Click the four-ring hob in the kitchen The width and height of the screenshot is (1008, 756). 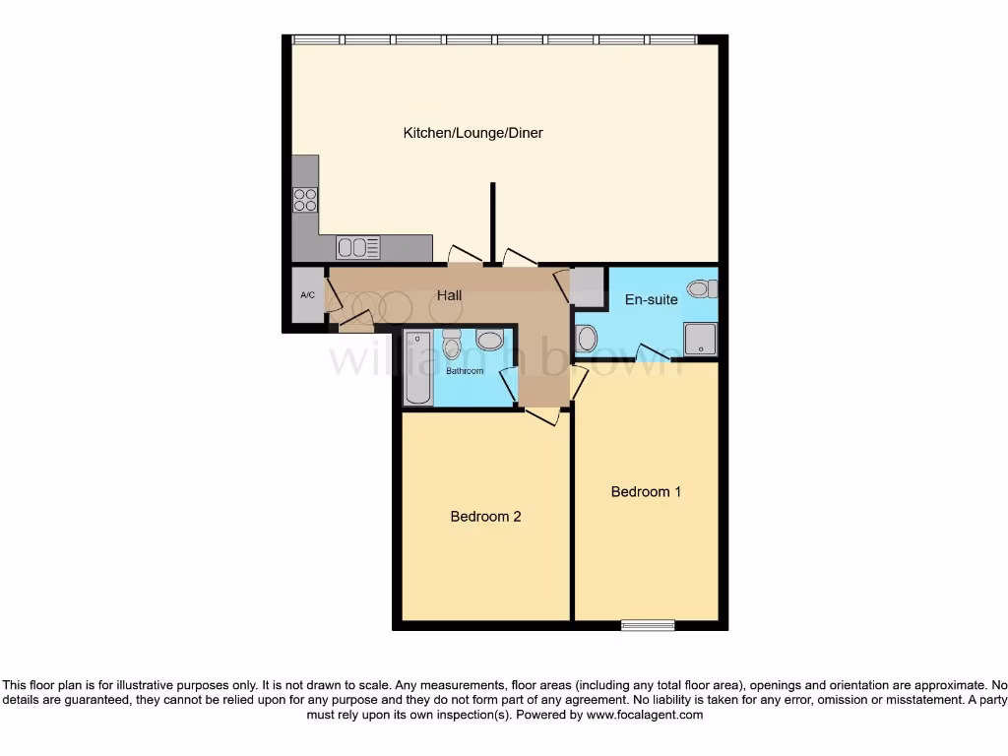click(305, 200)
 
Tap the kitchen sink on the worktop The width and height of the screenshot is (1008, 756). click(358, 247)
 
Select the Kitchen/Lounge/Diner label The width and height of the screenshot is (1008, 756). click(472, 133)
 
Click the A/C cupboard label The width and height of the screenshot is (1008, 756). click(307, 295)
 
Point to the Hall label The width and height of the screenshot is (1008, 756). click(449, 295)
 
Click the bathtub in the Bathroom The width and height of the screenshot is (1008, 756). click(416, 367)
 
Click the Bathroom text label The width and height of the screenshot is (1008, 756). click(465, 371)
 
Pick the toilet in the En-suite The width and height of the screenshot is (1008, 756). click(702, 288)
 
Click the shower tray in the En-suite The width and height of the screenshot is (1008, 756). click(701, 339)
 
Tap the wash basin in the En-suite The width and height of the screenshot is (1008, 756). click(585, 339)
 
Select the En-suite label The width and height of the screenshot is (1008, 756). click(652, 298)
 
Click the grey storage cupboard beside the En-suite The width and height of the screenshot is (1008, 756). click(588, 285)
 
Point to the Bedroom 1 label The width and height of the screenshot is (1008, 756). click(646, 491)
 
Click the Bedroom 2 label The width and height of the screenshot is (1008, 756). click(485, 516)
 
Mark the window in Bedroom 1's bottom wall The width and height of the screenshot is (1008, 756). click(648, 624)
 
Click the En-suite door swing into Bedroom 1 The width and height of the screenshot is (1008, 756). click(654, 354)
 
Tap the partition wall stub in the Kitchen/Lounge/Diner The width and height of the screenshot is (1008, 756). click(493, 223)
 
